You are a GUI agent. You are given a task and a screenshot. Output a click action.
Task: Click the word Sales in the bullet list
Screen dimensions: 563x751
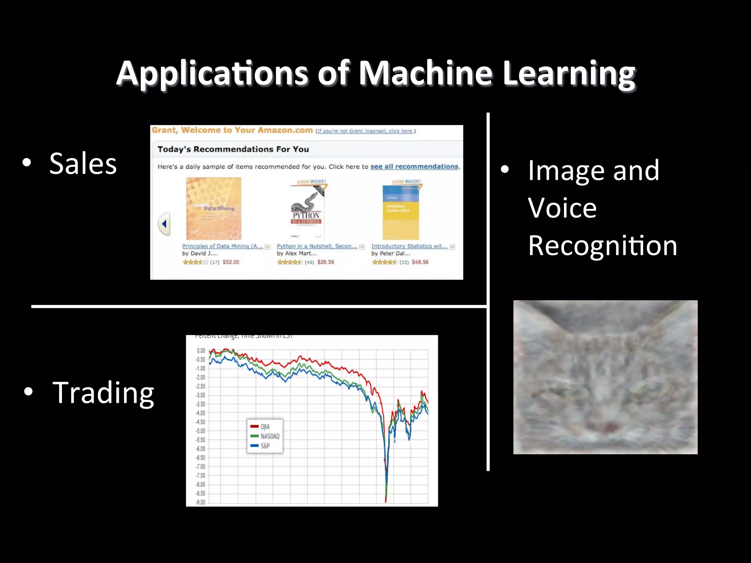point(83,164)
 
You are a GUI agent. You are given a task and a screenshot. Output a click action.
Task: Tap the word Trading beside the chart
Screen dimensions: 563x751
point(103,393)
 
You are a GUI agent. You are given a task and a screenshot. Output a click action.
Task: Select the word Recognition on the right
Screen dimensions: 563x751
point(602,246)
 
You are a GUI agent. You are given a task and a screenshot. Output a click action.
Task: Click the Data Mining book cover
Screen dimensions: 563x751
point(213,209)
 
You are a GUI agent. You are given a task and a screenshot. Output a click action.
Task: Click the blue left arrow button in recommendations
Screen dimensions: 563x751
point(164,224)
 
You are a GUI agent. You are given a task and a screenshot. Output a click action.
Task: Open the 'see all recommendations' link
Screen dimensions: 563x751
point(414,167)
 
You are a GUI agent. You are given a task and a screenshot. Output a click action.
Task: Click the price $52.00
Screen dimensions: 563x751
point(231,262)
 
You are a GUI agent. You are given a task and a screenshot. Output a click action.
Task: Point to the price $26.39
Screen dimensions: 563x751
point(326,262)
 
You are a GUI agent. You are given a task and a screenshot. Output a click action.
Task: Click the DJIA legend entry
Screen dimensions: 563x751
point(265,427)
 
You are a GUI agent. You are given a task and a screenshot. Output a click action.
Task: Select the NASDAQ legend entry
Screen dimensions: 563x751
point(270,436)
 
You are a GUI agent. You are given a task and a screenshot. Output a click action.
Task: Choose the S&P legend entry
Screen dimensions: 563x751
point(265,446)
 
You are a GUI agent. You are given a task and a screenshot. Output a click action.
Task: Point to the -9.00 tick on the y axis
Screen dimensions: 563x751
point(201,502)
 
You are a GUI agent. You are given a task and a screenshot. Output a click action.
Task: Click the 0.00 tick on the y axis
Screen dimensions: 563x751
point(201,351)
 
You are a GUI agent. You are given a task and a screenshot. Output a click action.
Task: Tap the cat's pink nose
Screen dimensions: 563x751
point(609,427)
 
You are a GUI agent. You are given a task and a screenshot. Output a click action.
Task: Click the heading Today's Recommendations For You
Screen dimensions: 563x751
point(233,149)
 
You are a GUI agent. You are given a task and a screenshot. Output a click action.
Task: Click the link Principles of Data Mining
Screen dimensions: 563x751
point(222,246)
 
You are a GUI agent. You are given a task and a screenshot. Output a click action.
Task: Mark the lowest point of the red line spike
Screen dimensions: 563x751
point(386,501)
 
